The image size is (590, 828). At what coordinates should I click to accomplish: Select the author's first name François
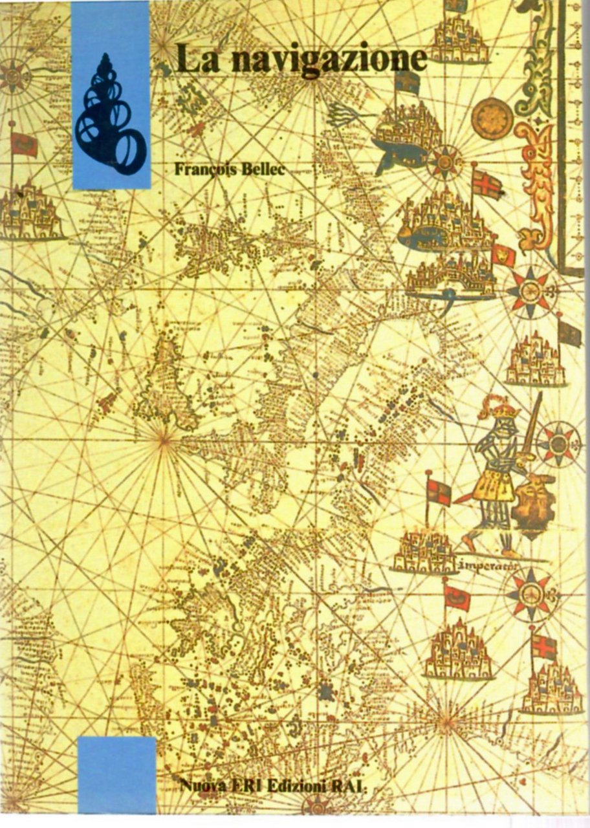[204, 169]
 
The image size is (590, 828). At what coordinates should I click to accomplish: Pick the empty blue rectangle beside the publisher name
[117, 774]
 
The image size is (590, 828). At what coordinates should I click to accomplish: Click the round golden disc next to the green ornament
[492, 118]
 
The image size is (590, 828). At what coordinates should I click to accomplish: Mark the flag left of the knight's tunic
[439, 492]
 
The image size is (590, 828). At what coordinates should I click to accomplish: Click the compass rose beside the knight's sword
[558, 444]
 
